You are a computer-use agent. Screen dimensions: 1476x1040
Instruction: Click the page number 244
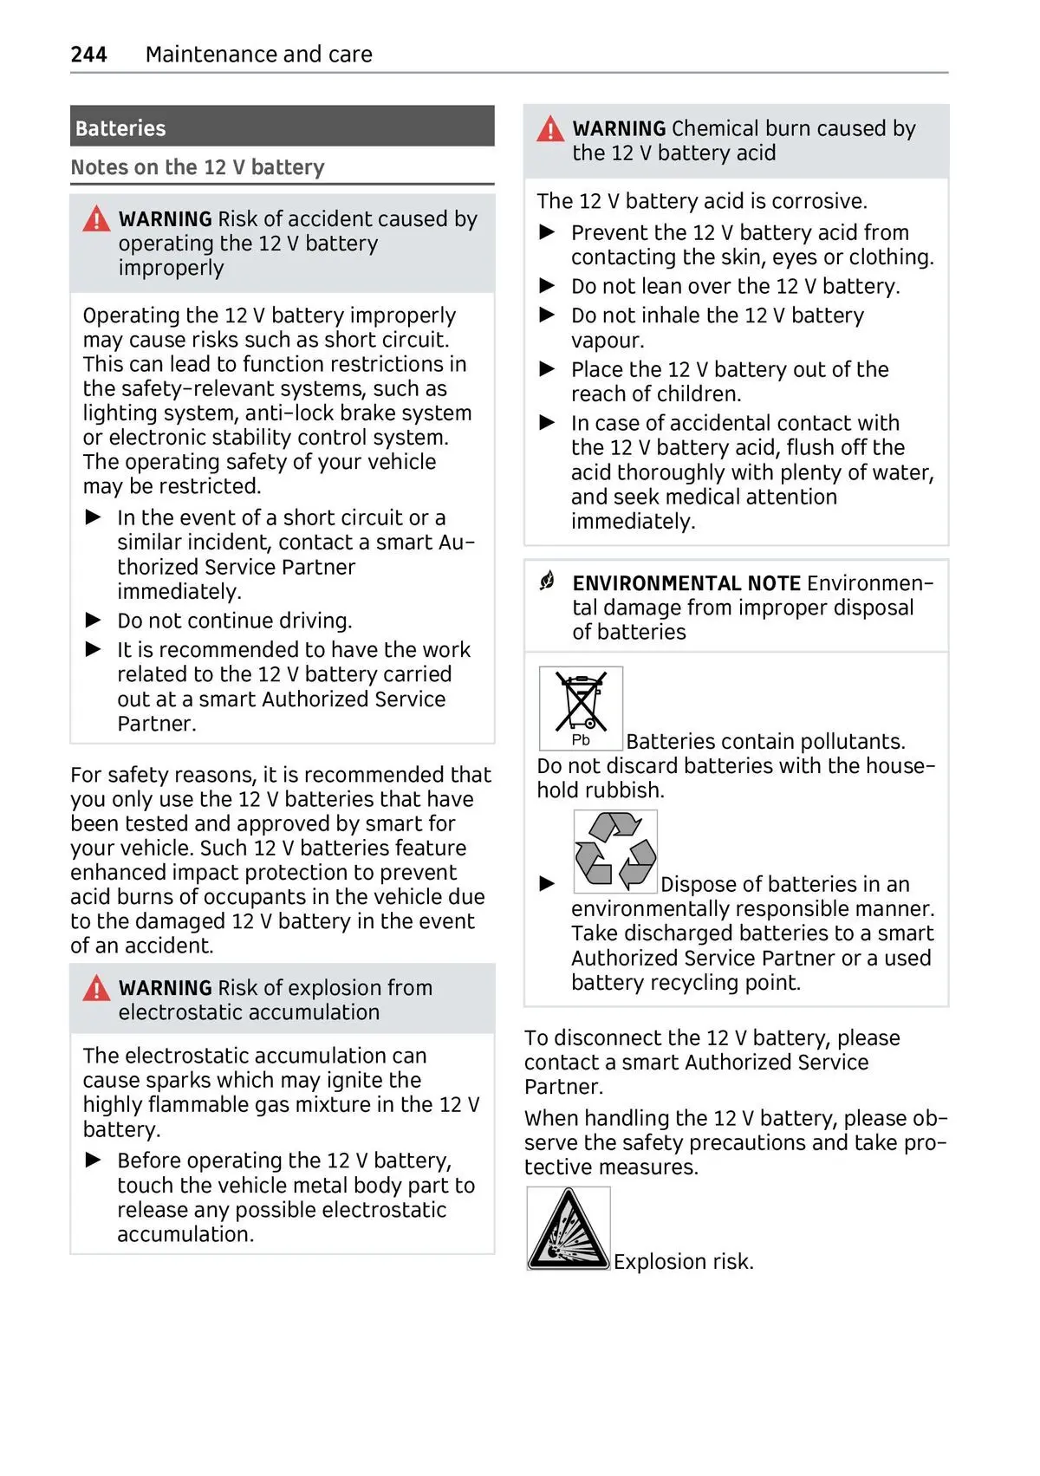click(x=88, y=55)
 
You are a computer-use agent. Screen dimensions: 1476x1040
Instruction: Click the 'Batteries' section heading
click(x=120, y=128)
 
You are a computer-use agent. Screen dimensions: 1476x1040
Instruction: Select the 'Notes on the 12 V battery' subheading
click(x=198, y=167)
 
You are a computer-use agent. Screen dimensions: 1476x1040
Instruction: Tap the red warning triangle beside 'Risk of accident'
click(x=96, y=219)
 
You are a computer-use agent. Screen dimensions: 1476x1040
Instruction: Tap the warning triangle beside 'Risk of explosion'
click(x=96, y=988)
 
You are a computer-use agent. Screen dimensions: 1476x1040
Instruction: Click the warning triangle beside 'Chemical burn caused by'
click(x=550, y=130)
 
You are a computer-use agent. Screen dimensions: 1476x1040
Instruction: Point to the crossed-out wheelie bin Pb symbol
click(x=581, y=708)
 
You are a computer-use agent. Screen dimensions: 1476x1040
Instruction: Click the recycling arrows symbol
click(x=615, y=851)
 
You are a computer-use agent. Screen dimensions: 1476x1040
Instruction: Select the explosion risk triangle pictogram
click(x=569, y=1229)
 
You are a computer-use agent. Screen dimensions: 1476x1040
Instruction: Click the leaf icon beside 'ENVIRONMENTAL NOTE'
click(x=547, y=582)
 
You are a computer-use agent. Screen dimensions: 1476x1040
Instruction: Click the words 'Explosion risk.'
click(x=684, y=1262)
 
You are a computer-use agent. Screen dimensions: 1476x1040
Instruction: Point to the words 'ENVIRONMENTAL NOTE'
click(x=686, y=583)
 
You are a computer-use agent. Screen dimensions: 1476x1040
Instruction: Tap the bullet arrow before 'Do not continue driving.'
click(x=94, y=621)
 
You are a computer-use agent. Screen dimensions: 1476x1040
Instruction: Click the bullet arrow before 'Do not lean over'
click(x=548, y=286)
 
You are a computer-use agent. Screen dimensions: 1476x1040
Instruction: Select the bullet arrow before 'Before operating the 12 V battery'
click(x=94, y=1161)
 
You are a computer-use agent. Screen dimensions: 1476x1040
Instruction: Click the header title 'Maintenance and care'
click(x=258, y=55)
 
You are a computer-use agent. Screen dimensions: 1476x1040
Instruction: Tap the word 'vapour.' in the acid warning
click(x=608, y=341)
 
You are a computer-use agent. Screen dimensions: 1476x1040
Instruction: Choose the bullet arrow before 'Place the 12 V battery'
click(x=548, y=369)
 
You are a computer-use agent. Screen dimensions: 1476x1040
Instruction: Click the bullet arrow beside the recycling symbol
click(x=548, y=884)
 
